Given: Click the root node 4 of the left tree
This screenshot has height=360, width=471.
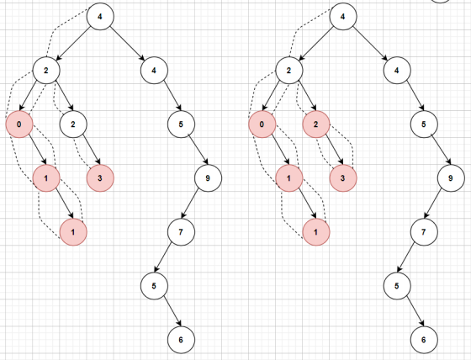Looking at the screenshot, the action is click(100, 17).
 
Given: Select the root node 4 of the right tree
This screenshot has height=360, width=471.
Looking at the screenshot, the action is click(343, 17).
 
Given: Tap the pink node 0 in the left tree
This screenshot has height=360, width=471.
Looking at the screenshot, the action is click(19, 124).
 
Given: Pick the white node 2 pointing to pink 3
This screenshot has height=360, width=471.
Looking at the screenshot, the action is click(73, 124).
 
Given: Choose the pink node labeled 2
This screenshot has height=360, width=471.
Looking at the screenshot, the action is click(316, 124).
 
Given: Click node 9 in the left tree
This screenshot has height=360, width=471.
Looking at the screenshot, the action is click(208, 178).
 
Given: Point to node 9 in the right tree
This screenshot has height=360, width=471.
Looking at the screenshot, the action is click(451, 178).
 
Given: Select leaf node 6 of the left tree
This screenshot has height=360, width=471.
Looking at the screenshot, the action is click(181, 340).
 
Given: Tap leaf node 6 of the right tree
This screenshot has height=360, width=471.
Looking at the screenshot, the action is click(424, 340).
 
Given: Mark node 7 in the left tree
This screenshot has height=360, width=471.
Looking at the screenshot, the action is click(181, 232).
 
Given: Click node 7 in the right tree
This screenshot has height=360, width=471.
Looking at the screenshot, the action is click(424, 232).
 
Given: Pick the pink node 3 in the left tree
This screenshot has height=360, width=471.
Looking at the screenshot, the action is click(100, 178).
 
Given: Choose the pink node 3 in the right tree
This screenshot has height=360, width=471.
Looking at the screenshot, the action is click(343, 178).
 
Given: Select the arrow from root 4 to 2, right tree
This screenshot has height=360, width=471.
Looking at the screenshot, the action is click(316, 43).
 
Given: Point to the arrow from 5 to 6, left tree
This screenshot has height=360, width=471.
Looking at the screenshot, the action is click(172, 311).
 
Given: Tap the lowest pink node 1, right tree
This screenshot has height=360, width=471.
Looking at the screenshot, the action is click(316, 232).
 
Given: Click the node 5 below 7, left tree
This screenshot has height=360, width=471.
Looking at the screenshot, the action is click(154, 286).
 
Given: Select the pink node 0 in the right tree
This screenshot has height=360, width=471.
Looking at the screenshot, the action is click(262, 124).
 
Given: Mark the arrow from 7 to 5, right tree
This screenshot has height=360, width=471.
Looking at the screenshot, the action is click(406, 258).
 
